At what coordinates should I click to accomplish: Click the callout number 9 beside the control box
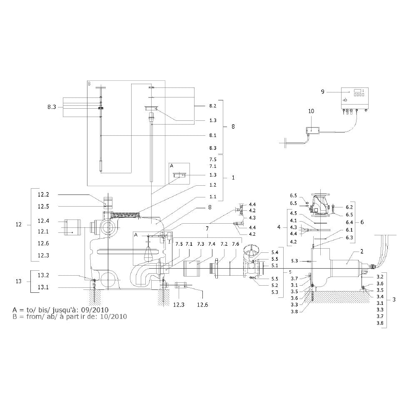[x=323, y=92]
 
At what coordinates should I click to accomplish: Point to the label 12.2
[x=43, y=195]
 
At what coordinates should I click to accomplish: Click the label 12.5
[x=43, y=207]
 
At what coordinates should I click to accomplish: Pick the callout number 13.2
[x=43, y=275]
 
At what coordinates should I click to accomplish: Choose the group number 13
[x=18, y=282]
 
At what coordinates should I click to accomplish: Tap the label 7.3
[x=201, y=244]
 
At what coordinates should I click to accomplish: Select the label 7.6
[x=236, y=244]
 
